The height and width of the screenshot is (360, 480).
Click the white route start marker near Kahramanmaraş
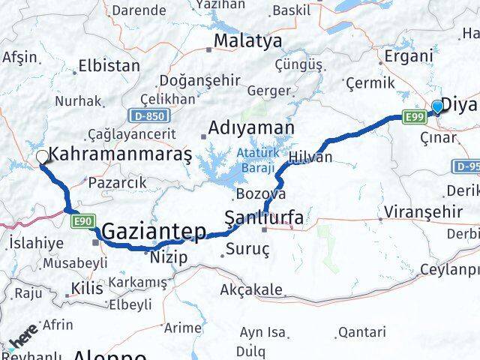coord(43,157)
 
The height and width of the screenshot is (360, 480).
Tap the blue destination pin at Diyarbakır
coord(436,107)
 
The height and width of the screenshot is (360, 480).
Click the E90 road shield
coord(82,220)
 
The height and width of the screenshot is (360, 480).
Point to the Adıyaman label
coord(241,128)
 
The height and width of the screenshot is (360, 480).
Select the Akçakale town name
coord(252,289)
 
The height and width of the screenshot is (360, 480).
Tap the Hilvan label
coord(310,157)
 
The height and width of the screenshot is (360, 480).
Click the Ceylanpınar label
coord(449,269)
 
